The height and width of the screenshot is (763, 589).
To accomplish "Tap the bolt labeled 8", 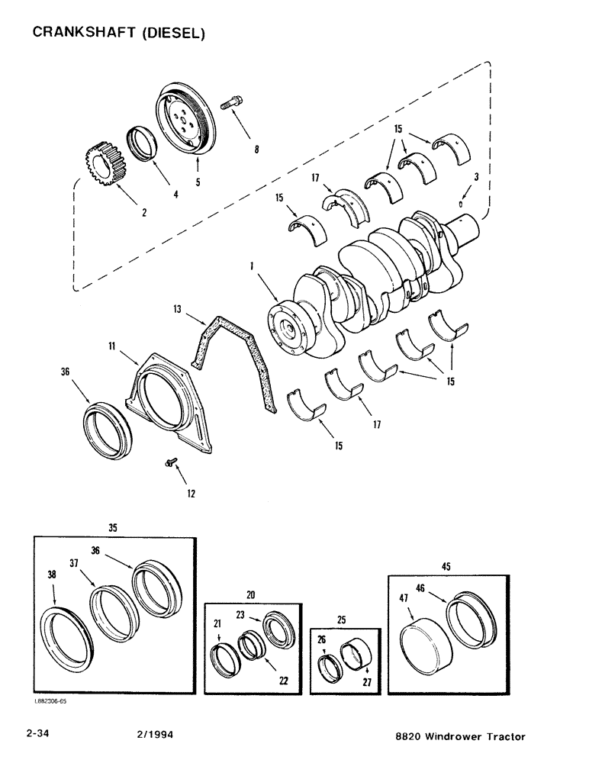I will pos(232,102).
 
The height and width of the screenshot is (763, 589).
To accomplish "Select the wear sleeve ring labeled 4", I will pos(143,143).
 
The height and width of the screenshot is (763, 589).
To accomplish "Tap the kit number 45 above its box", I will pos(445,565).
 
